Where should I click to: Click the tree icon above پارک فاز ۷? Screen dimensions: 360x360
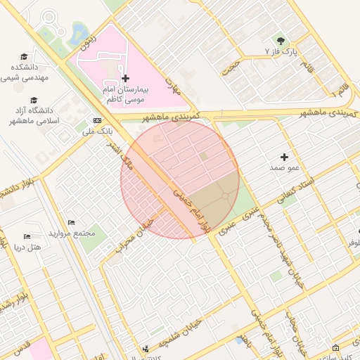click(282, 40)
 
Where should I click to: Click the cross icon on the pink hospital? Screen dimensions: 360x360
click(125, 78)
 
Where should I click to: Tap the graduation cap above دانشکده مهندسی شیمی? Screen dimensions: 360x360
click(24, 56)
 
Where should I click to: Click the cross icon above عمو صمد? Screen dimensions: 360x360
click(284, 157)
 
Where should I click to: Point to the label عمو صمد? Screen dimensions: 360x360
click(284, 169)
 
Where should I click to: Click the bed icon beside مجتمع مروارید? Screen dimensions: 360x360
click(71, 223)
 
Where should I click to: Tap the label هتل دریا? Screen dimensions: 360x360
click(27, 247)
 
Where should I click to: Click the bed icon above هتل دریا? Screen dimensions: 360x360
click(27, 236)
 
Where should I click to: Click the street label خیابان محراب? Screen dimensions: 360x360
click(139, 232)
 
